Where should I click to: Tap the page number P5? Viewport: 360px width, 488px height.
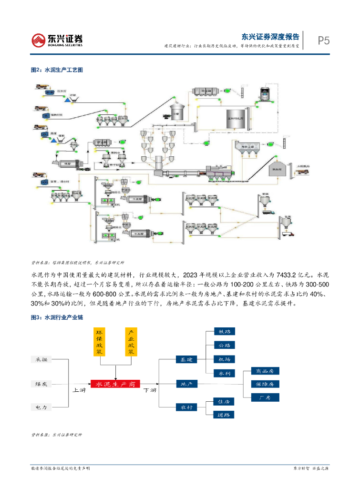[324, 41]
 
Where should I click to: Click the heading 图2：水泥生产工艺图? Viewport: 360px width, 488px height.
[57, 70]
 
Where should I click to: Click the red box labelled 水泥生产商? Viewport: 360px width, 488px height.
[115, 384]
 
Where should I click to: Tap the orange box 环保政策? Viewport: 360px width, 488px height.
[100, 342]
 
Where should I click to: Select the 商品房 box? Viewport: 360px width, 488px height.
[264, 371]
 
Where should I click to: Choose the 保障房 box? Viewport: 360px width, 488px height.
[264, 384]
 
